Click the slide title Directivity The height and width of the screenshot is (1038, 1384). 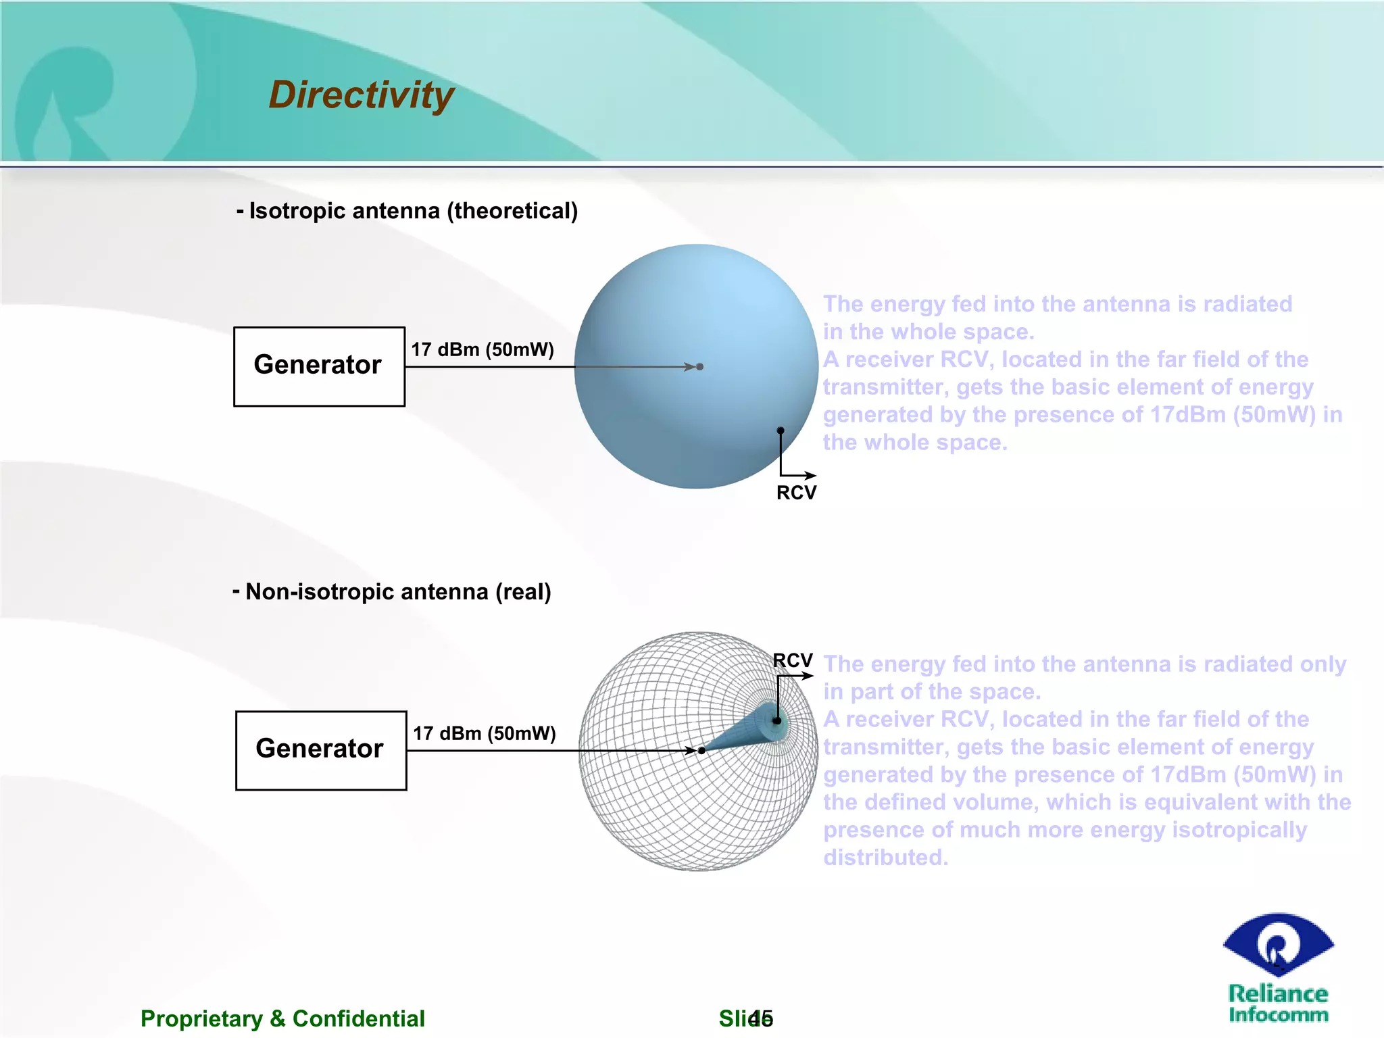[x=361, y=95]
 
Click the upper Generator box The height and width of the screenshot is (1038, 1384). [x=319, y=366]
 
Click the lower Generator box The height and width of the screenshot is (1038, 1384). [x=321, y=750]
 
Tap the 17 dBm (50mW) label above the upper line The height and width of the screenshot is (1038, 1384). [x=483, y=349]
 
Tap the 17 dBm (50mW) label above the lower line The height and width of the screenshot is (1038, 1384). [x=485, y=733]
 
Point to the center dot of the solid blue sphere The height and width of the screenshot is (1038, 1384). [x=700, y=367]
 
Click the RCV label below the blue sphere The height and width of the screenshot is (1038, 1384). [x=796, y=493]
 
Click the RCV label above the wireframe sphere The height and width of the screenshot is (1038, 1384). [x=792, y=660]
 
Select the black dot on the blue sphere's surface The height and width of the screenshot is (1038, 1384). [x=781, y=430]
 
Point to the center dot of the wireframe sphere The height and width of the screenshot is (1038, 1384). [x=702, y=750]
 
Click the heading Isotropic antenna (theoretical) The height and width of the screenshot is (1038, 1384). [x=407, y=211]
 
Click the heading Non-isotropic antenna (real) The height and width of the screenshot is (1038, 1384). [x=392, y=592]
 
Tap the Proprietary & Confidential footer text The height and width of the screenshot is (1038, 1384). [x=282, y=1018]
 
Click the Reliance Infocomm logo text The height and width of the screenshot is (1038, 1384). [x=1278, y=1004]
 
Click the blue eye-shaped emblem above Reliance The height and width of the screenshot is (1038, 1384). [x=1278, y=945]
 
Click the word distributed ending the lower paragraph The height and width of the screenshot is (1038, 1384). [x=885, y=858]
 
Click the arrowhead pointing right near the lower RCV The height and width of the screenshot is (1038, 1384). [x=808, y=675]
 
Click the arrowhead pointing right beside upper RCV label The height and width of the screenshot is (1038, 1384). [x=811, y=476]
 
